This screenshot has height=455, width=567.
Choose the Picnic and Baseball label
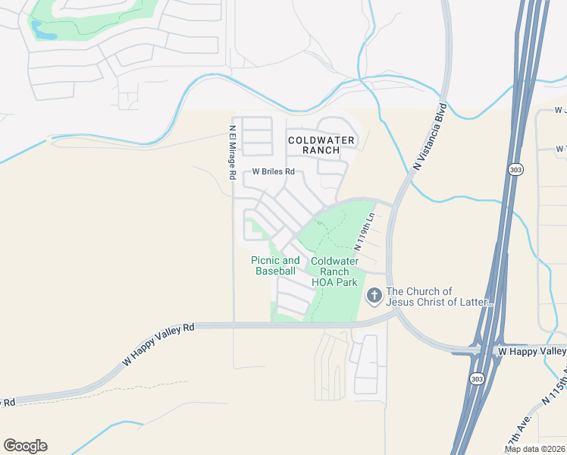point(275,265)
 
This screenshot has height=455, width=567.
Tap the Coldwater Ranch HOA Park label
point(334,271)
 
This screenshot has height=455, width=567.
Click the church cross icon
point(374,295)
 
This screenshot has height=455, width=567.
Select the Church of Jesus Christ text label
point(440,297)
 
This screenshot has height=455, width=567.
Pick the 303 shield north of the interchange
point(515,169)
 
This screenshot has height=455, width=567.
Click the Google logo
point(25,446)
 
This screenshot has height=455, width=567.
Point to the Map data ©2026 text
point(534,448)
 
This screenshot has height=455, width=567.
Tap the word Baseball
point(275,271)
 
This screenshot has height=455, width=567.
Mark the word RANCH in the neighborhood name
point(321,150)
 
